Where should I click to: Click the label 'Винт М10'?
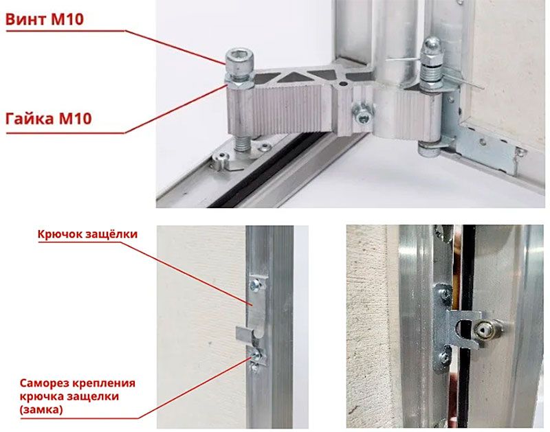[45, 19]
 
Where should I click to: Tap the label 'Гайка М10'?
[49, 118]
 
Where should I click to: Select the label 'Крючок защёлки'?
[87, 234]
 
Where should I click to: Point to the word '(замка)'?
[41, 409]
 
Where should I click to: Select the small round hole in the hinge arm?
[343, 84]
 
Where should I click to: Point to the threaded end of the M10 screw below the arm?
[242, 143]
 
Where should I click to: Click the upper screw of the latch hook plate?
[255, 284]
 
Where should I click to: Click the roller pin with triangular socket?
[487, 330]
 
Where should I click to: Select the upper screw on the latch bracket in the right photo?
[445, 293]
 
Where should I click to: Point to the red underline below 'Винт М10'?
[65, 31]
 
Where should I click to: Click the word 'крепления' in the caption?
[104, 383]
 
